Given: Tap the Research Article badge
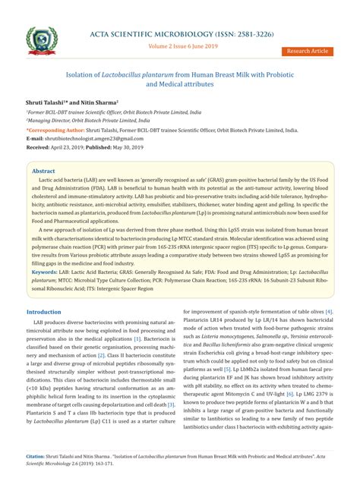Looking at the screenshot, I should point(308,51).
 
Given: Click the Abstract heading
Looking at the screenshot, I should point(43,171).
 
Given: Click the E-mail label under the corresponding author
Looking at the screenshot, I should point(35,138).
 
